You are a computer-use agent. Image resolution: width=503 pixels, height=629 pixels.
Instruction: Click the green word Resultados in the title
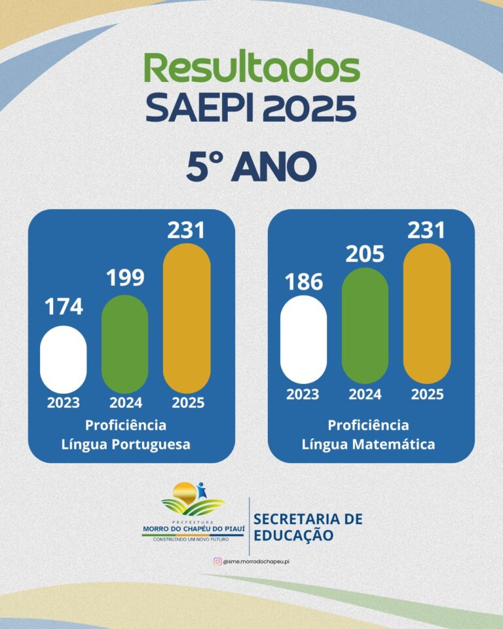(251, 69)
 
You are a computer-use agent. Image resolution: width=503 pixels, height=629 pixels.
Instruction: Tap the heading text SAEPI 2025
(251, 108)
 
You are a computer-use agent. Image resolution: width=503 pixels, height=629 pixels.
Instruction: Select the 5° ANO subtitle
(251, 167)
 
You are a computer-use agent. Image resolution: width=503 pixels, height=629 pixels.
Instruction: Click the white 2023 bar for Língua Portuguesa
(64, 359)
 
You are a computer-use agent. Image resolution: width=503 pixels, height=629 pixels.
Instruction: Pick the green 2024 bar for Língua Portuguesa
(124, 344)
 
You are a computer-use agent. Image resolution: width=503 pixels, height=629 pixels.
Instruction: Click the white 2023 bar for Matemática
(303, 339)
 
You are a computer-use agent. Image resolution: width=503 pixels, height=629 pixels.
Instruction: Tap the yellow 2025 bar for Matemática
(427, 313)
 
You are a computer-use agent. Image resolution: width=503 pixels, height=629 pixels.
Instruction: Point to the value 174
(64, 307)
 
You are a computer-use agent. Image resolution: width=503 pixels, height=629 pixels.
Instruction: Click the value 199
(124, 278)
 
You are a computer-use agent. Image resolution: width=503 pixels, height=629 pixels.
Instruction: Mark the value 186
(303, 282)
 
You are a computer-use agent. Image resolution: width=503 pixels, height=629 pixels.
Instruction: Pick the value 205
(365, 254)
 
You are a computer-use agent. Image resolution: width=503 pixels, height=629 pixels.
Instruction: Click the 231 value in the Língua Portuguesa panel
(187, 231)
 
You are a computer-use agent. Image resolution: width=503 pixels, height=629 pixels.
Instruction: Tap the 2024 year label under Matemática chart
(365, 394)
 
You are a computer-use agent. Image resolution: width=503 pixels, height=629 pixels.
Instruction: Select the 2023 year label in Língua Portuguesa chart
(64, 403)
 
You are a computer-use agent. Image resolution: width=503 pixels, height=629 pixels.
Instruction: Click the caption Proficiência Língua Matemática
(368, 434)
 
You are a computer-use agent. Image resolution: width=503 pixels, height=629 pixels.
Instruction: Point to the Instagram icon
(217, 562)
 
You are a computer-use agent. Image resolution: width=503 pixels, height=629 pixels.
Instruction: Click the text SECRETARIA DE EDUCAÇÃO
(308, 527)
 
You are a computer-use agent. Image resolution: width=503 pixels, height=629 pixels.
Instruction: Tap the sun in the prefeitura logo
(184, 491)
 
